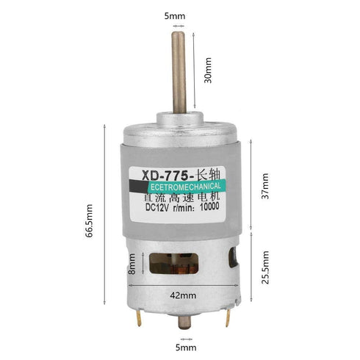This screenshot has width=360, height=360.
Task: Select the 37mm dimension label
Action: point(265,185)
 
